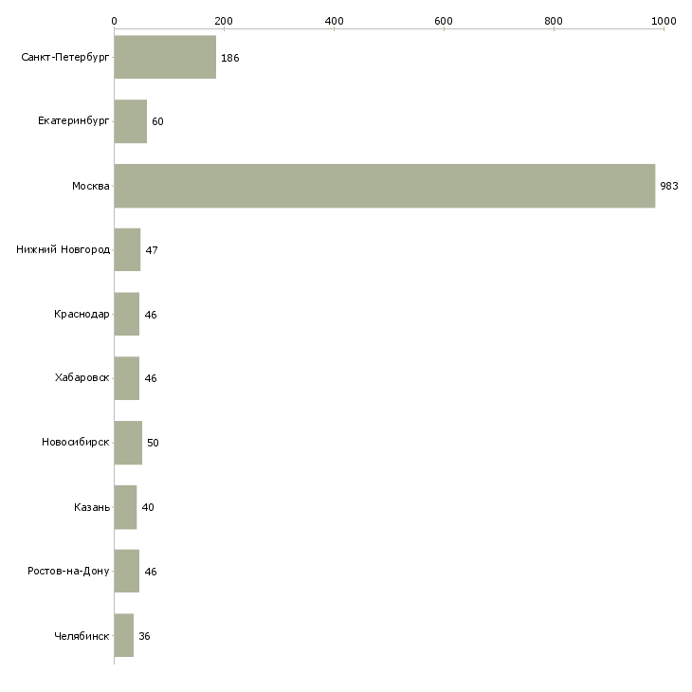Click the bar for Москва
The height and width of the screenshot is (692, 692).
point(385,186)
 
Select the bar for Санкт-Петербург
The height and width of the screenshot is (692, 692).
point(165,57)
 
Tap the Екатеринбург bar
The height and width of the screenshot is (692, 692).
point(131,121)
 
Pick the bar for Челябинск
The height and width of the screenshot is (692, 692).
point(124,635)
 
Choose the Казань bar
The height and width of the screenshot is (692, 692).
point(125,507)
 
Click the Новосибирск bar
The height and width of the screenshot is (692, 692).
point(128,443)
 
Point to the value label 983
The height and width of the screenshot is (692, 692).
point(669,186)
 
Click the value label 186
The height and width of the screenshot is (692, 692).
point(230,58)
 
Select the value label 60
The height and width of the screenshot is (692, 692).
point(157,121)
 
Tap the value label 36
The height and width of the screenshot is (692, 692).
point(144,636)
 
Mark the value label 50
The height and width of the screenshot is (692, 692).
point(153,443)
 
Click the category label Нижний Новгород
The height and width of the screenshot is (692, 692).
point(64,250)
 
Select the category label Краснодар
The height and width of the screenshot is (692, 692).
point(82,314)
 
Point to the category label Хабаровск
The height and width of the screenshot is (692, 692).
point(82,378)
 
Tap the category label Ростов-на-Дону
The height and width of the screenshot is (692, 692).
point(68,571)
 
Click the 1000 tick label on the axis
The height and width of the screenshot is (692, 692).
point(664,21)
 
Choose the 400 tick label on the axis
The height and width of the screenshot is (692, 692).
point(334,21)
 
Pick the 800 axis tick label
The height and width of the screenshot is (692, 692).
point(554,21)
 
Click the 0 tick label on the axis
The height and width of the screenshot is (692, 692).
point(115,21)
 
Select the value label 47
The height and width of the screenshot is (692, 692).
point(152,250)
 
